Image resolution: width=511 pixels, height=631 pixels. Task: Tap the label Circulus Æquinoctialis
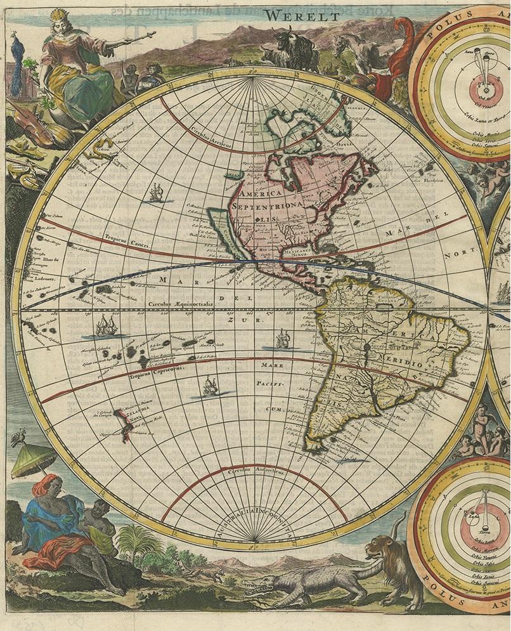coord(181,304)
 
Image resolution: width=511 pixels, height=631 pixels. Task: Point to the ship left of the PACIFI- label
coord(209,386)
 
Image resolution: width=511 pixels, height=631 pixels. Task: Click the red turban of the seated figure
coord(49,486)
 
